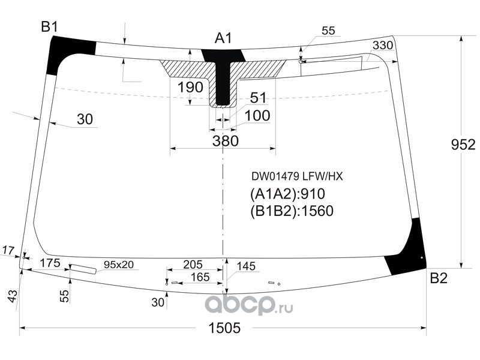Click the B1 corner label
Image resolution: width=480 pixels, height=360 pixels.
pos(49,26)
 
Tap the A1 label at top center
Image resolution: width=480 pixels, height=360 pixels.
pos(223,39)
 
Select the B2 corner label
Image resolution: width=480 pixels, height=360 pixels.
pos(439,278)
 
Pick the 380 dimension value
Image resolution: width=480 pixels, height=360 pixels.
pos(226,141)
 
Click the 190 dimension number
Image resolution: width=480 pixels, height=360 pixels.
pos(190,87)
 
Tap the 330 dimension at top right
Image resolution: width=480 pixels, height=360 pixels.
pos(382,46)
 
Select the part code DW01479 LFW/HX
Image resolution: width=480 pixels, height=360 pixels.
pos(296,177)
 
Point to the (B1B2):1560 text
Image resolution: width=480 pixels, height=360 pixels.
pos(291,211)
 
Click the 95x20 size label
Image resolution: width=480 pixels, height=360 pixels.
pos(119,264)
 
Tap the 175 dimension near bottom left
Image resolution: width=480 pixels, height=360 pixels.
pos(50,263)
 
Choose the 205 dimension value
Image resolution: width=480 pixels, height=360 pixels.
pos(193,264)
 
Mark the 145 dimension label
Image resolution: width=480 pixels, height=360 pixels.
pos(246,266)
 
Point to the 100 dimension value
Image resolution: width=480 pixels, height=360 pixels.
pos(257,115)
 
